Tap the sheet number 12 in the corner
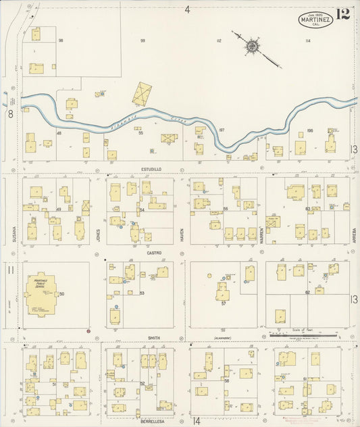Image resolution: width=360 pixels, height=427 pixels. (342, 15)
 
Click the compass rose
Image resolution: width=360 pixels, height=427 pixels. (251, 47)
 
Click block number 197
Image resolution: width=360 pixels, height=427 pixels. (221, 130)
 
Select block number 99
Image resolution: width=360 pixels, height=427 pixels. (143, 41)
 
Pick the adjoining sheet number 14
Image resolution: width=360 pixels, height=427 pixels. (197, 420)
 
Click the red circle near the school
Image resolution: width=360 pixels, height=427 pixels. (88, 331)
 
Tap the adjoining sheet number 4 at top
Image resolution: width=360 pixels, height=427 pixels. (187, 9)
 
